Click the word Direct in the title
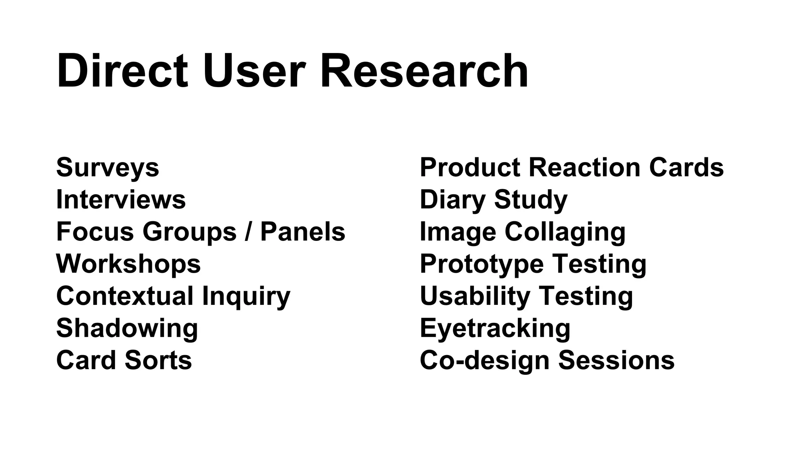point(122,71)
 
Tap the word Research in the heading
point(424,71)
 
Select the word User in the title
point(254,71)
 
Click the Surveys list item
point(108,168)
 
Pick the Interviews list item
point(121,199)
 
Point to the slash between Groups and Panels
point(248,231)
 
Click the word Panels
point(303,231)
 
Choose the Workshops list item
point(128,264)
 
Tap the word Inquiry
point(246,297)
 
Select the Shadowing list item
point(127,328)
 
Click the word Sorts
point(159,360)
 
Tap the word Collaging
point(565,232)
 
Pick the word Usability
point(475,297)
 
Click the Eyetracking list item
point(495,328)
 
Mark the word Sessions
point(616,360)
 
